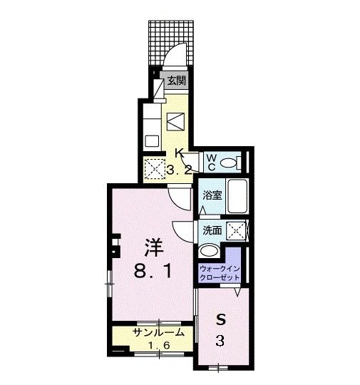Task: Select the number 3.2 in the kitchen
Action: tap(181, 169)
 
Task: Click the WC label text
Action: tap(212, 163)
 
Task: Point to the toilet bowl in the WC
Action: tap(230, 163)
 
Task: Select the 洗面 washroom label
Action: tap(212, 230)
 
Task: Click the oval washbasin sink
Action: tap(210, 250)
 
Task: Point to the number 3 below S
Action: tap(221, 341)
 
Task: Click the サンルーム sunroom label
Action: tap(158, 332)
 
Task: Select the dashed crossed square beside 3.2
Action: tap(155, 169)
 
